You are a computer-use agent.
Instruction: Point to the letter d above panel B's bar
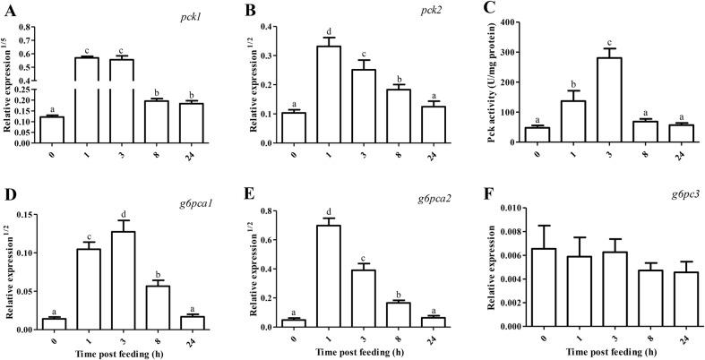305,30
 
